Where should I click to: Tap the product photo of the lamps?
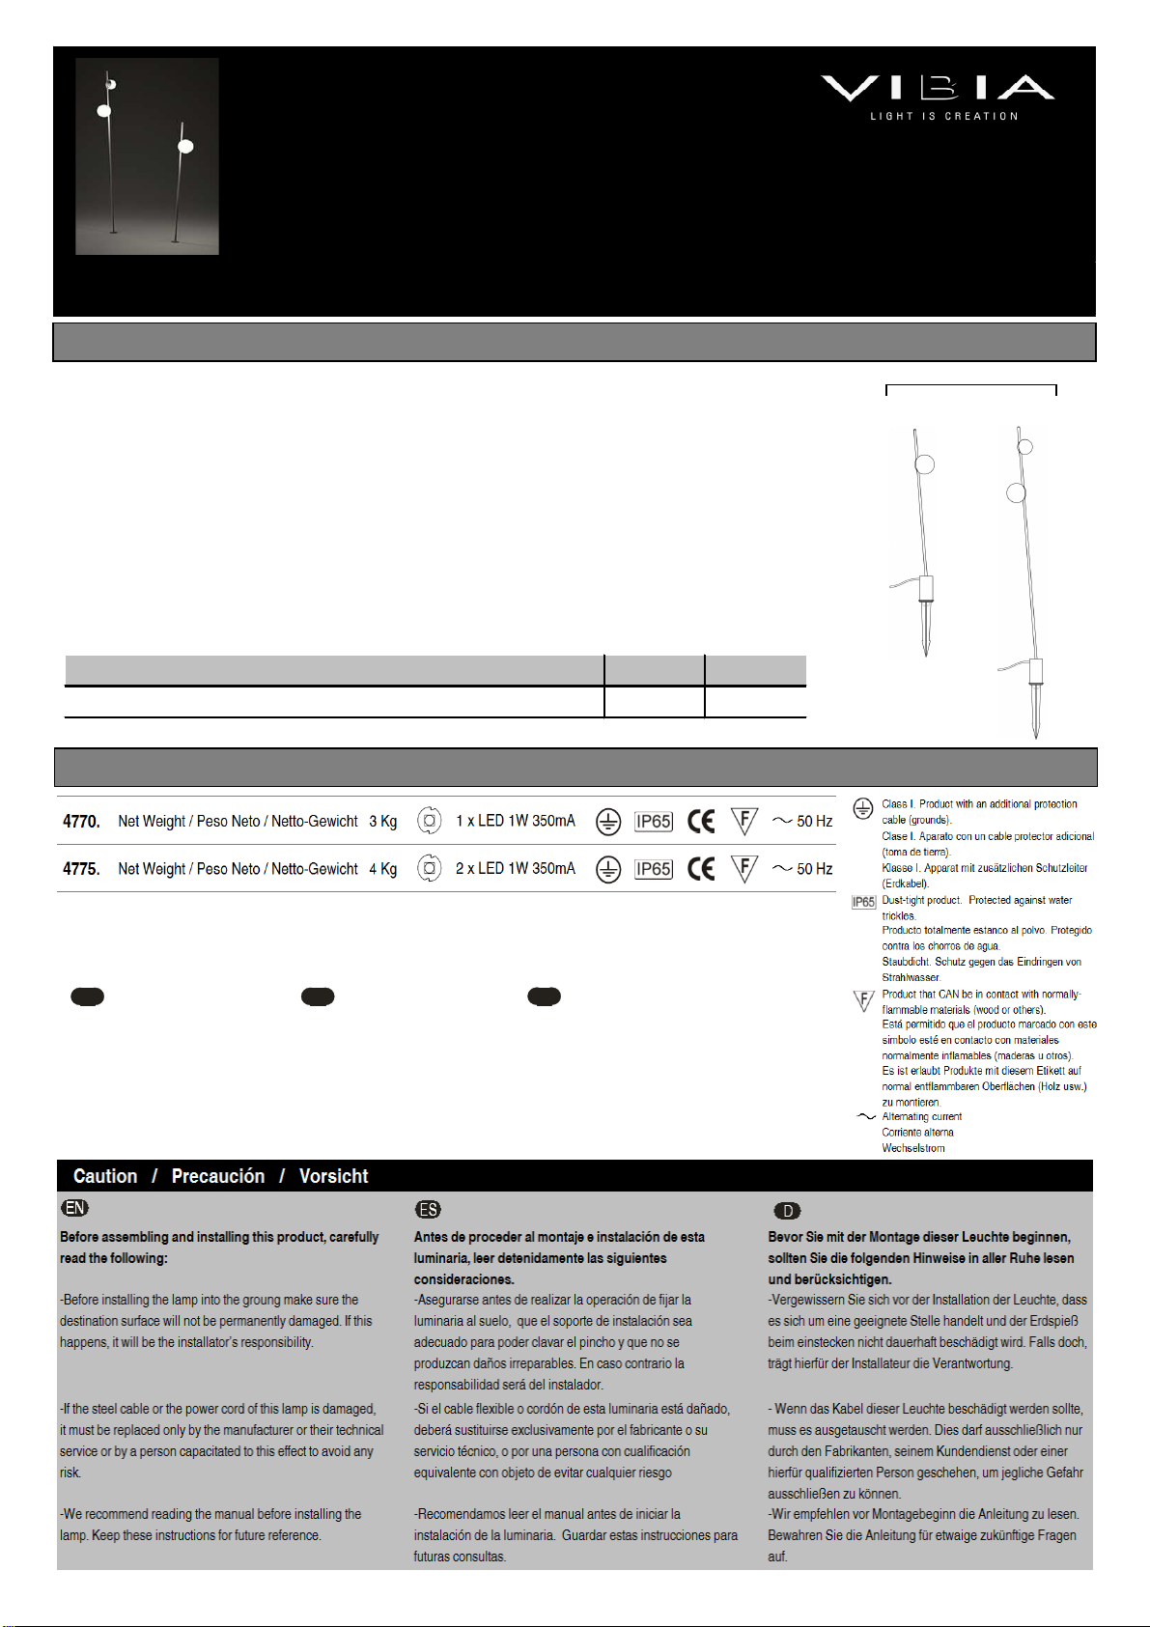click(x=147, y=156)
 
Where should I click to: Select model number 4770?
click(x=81, y=822)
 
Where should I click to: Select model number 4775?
click(x=81, y=869)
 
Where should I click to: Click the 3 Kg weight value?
click(x=382, y=822)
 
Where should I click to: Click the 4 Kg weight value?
click(x=382, y=869)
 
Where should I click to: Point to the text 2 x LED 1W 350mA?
click(x=515, y=868)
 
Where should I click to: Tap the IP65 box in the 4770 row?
click(x=653, y=822)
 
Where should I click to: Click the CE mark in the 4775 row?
click(x=701, y=869)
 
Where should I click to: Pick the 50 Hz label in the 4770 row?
click(x=814, y=821)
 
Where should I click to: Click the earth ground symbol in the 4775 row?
click(x=608, y=869)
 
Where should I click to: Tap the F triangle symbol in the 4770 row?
click(x=743, y=822)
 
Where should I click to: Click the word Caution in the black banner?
click(x=105, y=1176)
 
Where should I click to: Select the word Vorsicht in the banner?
click(x=333, y=1176)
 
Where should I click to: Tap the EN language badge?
click(x=74, y=1208)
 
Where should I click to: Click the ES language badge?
click(x=428, y=1209)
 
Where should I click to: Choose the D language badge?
click(x=788, y=1211)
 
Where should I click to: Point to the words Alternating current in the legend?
click(x=921, y=1116)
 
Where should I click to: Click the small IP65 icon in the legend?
click(x=863, y=902)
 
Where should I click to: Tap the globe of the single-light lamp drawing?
click(x=925, y=464)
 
